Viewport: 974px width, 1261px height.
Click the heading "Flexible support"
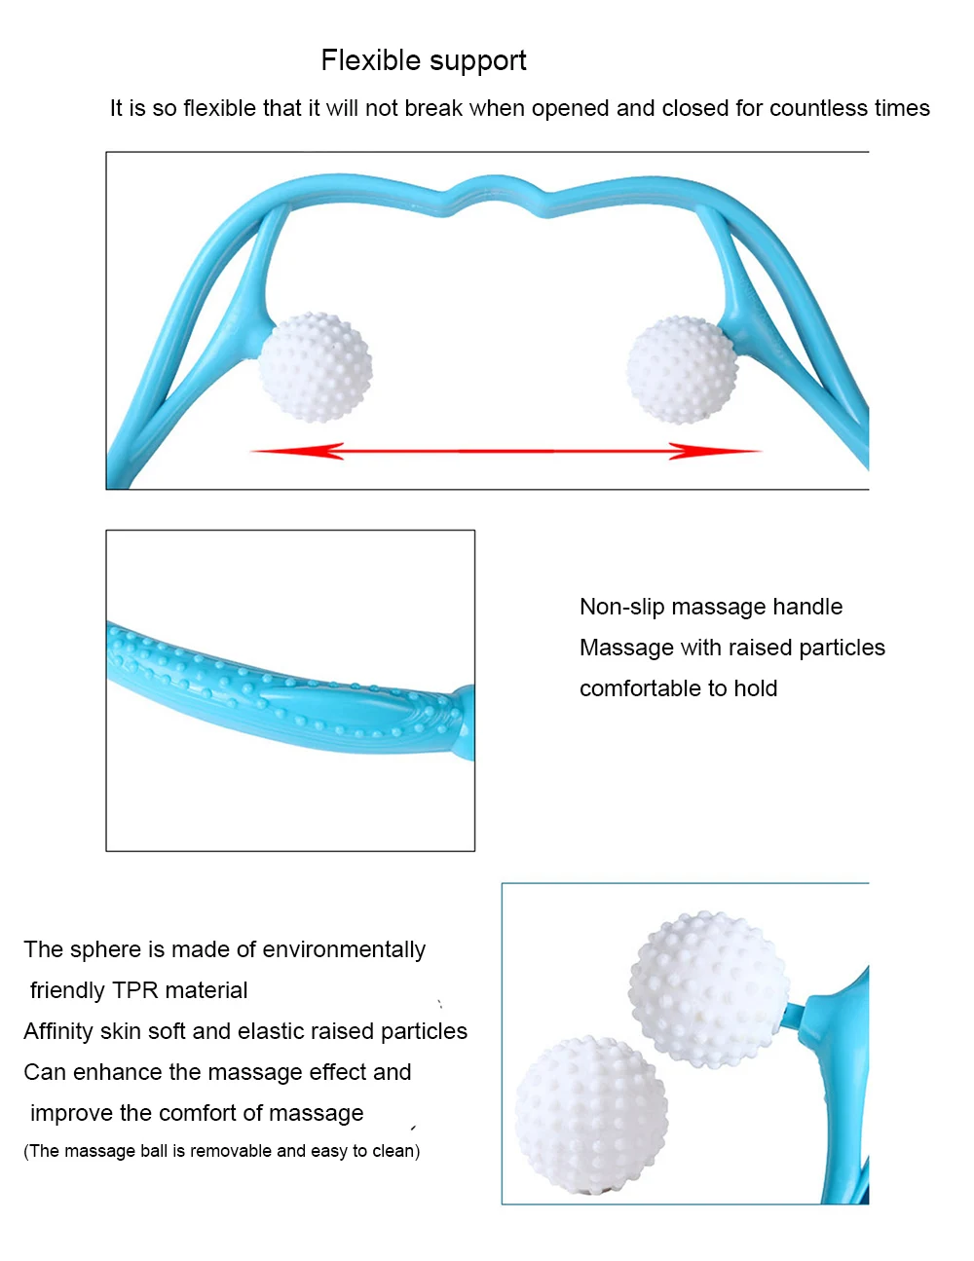pyautogui.click(x=424, y=61)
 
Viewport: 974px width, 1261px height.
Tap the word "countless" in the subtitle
pyautogui.click(x=814, y=108)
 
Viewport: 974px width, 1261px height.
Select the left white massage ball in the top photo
pyautogui.click(x=315, y=368)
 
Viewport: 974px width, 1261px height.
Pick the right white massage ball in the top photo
pyautogui.click(x=682, y=370)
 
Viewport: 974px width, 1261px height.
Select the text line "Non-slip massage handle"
pyautogui.click(x=711, y=607)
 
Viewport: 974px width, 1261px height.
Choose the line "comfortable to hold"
pyautogui.click(x=678, y=688)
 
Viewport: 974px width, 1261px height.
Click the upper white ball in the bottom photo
pyautogui.click(x=707, y=985)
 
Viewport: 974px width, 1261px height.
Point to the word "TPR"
pyautogui.click(x=135, y=990)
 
